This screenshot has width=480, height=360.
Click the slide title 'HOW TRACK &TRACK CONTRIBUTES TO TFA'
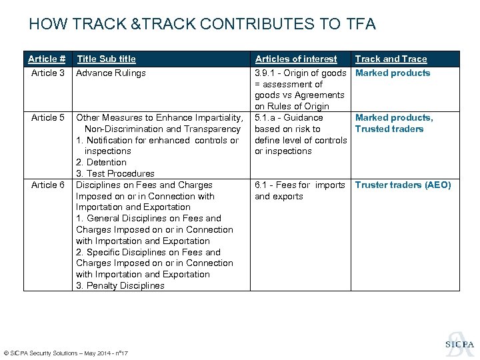[x=203, y=25]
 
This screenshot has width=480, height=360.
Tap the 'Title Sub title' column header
[x=106, y=59]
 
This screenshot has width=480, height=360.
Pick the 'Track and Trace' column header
[x=391, y=59]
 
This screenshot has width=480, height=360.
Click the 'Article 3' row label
[x=48, y=73]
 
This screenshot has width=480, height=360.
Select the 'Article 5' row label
[x=48, y=117]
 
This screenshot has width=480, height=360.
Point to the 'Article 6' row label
[x=48, y=185]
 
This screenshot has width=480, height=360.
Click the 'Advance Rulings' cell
[x=111, y=73]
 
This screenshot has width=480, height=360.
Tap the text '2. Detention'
[x=101, y=162]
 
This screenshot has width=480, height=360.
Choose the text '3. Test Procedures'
[x=115, y=173]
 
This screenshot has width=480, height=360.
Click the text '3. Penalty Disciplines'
[x=120, y=285]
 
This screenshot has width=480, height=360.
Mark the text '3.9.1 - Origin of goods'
[x=301, y=73]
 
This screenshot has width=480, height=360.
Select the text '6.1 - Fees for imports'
[x=300, y=185]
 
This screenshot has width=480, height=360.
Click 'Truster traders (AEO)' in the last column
[x=403, y=185]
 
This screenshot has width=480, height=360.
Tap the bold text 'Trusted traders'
[x=389, y=129]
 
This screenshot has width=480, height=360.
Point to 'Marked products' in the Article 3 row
[x=393, y=73]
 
